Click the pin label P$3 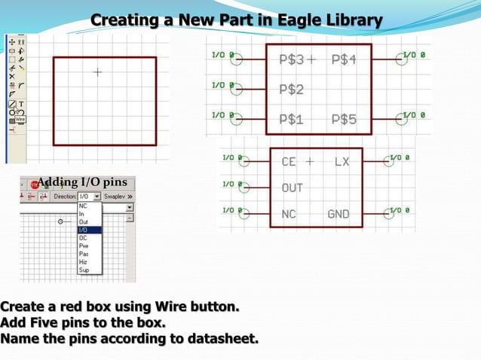pos(291,59)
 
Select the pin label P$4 pos(343,59)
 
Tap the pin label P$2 pos(291,90)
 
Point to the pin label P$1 pos(291,119)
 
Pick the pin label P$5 pos(343,119)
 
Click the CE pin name pos(289,162)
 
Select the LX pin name pos(342,162)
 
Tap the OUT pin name pos(293,188)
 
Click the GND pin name pos(339,214)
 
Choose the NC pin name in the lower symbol pos(289,214)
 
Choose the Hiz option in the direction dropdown pos(83,261)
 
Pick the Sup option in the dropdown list pos(84,270)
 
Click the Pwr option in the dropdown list pos(83,246)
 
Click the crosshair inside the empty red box pos(97,72)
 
